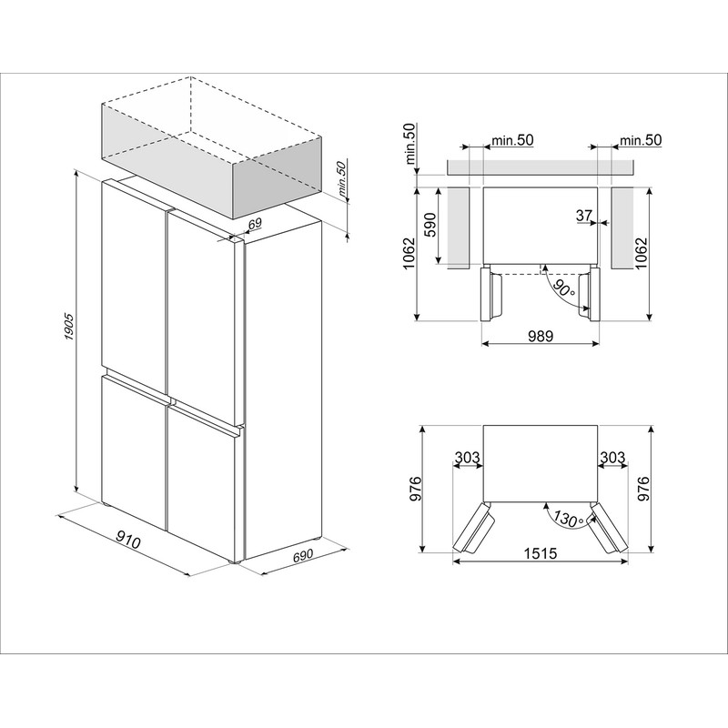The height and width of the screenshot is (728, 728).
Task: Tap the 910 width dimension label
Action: [127, 540]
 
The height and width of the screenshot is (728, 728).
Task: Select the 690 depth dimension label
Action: [302, 556]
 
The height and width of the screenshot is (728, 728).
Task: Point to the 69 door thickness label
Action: [255, 224]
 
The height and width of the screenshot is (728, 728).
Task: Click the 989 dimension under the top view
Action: [541, 335]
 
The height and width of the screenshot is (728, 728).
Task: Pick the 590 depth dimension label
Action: [430, 225]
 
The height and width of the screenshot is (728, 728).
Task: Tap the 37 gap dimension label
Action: [584, 215]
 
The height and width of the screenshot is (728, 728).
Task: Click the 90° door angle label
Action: [563, 288]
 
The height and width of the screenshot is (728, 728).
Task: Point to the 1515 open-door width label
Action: [540, 553]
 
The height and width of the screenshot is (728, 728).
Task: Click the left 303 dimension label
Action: [467, 458]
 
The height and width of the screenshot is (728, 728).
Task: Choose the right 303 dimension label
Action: [612, 458]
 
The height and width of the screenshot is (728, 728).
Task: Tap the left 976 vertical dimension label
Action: [415, 489]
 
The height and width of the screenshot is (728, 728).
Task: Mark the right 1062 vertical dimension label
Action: [641, 254]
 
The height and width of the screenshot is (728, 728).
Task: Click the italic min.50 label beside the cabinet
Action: [343, 180]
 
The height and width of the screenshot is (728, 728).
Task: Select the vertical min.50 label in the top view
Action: [410, 144]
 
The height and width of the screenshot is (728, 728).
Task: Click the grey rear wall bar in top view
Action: [540, 167]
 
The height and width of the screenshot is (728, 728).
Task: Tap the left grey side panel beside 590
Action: [459, 228]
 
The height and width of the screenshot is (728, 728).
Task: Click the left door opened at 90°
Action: [491, 294]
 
